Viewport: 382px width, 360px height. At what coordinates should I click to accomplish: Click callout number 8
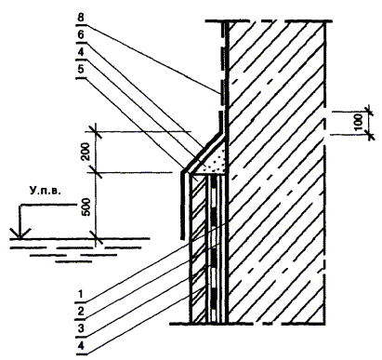[x=81, y=18]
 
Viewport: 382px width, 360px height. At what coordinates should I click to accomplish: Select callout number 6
[x=81, y=35]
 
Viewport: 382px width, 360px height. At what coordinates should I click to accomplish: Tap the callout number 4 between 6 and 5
[x=81, y=52]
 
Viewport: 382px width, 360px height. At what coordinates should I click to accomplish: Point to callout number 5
[x=81, y=70]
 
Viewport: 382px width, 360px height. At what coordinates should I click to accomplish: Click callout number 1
[x=81, y=294]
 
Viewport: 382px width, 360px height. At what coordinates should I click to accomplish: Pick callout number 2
[x=81, y=312]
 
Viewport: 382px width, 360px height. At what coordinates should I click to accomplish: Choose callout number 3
[x=81, y=328]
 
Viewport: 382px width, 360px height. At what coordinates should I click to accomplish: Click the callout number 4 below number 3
[x=81, y=346]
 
